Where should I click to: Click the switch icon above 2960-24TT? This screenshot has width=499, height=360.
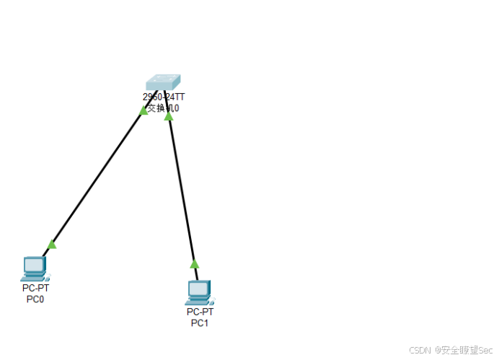162,82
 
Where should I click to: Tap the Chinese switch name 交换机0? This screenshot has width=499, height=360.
163,108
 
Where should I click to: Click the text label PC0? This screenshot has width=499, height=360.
35,299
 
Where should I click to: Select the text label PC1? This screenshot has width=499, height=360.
199,322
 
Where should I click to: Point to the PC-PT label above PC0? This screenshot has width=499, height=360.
35,288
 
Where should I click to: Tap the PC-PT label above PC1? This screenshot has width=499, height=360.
200,312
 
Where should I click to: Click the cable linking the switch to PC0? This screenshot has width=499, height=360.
97,177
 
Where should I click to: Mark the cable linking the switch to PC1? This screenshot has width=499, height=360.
181,188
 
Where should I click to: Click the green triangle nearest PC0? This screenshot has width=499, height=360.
51,245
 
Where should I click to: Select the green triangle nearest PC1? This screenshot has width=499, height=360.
194,263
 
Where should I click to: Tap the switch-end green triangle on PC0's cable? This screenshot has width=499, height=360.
144,110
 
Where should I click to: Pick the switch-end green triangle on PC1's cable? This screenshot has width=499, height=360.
169,115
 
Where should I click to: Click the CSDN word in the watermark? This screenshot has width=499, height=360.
420,350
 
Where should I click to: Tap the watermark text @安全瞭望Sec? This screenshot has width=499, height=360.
463,350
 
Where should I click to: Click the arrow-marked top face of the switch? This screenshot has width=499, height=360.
163,79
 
